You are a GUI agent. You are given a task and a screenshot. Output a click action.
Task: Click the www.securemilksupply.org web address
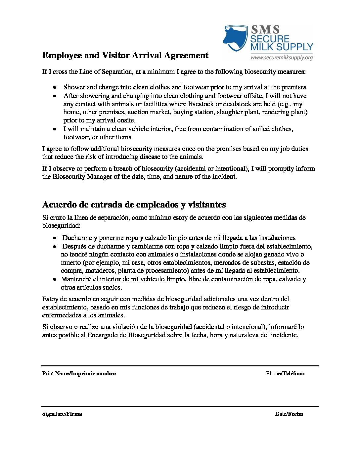(282, 58)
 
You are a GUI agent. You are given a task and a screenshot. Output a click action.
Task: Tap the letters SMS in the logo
(265, 29)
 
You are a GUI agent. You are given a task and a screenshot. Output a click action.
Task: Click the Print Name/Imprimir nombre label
(79, 373)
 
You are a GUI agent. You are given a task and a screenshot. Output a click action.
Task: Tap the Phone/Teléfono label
(285, 373)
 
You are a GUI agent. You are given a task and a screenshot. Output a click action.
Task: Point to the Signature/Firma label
(62, 414)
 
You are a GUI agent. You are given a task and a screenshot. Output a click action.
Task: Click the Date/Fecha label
(289, 414)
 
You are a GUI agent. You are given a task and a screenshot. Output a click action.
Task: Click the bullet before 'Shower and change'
(55, 87)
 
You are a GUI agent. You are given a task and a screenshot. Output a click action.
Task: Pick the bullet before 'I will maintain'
(55, 129)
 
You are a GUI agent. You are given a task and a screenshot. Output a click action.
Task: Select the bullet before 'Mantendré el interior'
(55, 279)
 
